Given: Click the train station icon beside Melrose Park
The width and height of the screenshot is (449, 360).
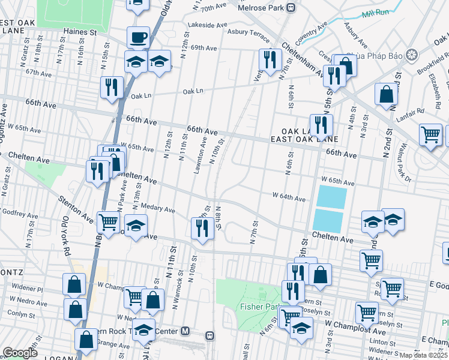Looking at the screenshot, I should pyautogui.click(x=291, y=8).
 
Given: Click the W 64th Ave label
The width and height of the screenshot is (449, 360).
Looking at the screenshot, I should pyautogui.click(x=289, y=196).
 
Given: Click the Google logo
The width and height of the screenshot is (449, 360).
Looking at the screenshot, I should pyautogui.click(x=20, y=353).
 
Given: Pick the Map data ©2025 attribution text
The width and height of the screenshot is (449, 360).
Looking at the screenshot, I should pyautogui.click(x=423, y=355).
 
